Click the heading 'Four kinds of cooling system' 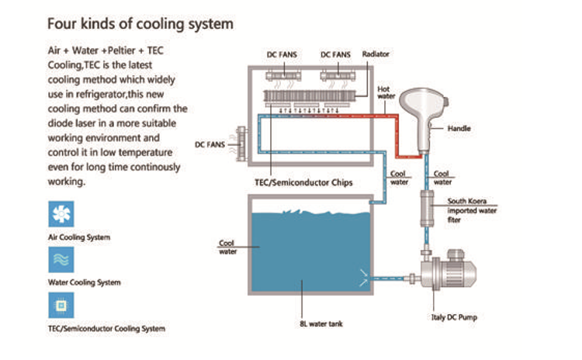140,23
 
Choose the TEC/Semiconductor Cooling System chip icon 61,306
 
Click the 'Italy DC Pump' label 453,317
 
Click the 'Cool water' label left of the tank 227,247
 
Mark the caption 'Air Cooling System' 79,237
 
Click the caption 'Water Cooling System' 84,282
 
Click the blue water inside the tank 310,248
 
